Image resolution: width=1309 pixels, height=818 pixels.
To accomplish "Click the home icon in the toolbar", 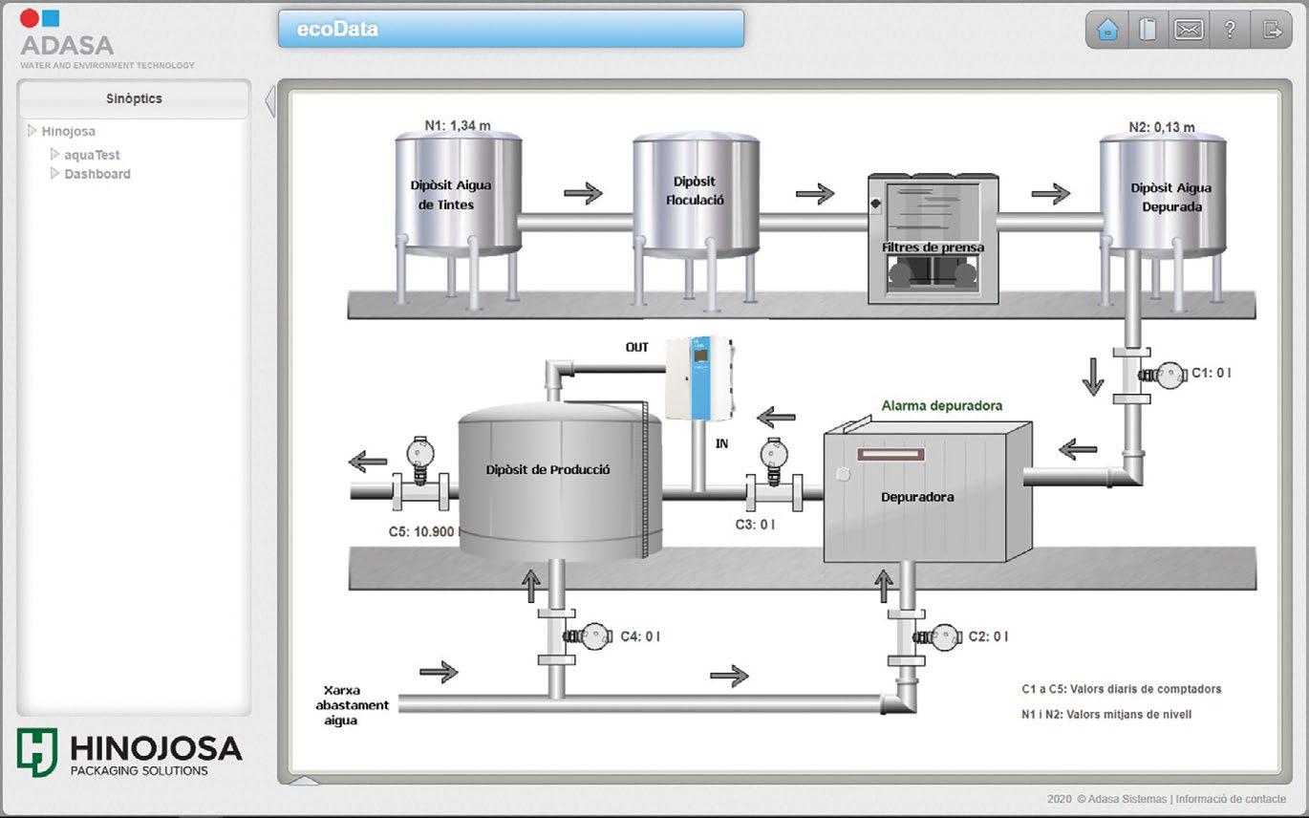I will click(x=1107, y=30).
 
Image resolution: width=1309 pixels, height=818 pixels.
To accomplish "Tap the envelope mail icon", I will click(x=1189, y=30).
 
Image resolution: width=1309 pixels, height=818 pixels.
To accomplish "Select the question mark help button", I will click(x=1230, y=30).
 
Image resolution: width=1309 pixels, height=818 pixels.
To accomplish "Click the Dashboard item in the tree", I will click(x=97, y=174).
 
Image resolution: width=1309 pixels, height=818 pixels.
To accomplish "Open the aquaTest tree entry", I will click(x=92, y=155).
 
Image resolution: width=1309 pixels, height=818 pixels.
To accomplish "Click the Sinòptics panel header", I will click(x=134, y=98).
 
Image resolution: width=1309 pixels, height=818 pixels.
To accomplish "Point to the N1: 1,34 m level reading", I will click(x=458, y=126).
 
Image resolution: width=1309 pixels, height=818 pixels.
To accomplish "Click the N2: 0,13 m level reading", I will click(x=1161, y=127).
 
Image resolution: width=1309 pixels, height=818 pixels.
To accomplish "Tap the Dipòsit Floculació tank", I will click(x=695, y=191).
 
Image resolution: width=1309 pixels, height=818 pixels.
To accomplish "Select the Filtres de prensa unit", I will click(x=933, y=239).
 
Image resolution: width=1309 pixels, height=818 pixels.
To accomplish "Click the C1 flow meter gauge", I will click(x=1169, y=374).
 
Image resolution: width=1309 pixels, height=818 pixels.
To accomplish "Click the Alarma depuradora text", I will click(x=941, y=406).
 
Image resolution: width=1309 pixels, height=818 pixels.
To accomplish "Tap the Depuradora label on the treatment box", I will click(x=917, y=497).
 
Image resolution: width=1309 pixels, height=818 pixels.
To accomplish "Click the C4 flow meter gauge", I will click(x=596, y=636).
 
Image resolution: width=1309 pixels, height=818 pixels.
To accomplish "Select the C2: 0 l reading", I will click(x=988, y=636).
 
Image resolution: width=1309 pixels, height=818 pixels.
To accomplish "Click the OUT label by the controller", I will click(x=637, y=347).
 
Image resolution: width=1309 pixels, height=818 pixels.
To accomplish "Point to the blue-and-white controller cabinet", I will click(x=698, y=377).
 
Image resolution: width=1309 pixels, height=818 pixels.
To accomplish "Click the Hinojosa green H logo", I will click(x=36, y=752).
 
